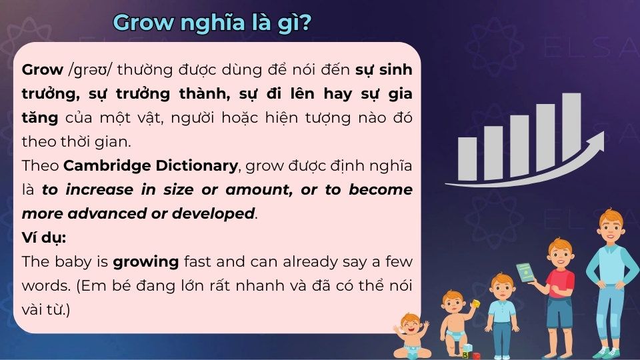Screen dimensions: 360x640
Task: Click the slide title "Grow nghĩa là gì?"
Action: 213,23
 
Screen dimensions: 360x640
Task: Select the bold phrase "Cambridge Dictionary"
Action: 151,165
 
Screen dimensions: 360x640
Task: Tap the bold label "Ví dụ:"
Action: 44,238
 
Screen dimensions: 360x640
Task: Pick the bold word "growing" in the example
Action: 145,262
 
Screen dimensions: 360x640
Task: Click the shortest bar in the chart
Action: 467,159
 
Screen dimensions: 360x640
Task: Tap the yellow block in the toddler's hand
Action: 475,304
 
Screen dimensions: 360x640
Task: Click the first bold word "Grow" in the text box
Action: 43,70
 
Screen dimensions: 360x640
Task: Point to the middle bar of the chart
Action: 519,146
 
